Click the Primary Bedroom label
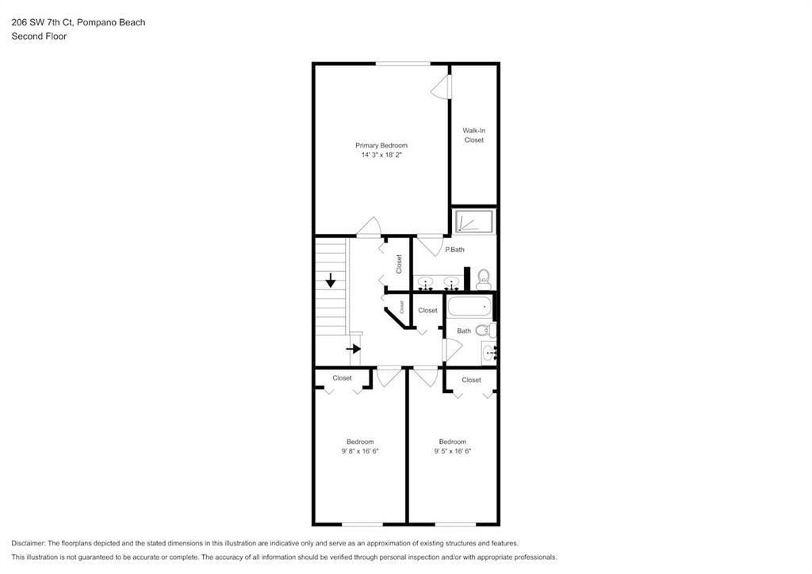coord(381,145)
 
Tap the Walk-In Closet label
coord(473,135)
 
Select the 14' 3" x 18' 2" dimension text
coord(381,155)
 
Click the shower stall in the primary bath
coord(474,222)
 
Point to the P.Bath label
coord(454,250)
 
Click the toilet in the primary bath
coord(484,278)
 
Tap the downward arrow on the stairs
coord(331,280)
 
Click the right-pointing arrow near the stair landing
coord(354,348)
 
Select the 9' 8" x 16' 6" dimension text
coord(359,451)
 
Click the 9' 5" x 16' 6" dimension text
coord(452,451)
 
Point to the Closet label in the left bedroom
coord(342,378)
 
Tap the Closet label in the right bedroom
coord(471,380)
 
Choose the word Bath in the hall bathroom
coord(464,331)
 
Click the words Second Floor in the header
coord(39,36)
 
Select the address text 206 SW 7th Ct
coord(42,22)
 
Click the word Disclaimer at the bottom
coord(29,543)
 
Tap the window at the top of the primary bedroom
coord(404,63)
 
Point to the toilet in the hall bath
coord(492,329)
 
